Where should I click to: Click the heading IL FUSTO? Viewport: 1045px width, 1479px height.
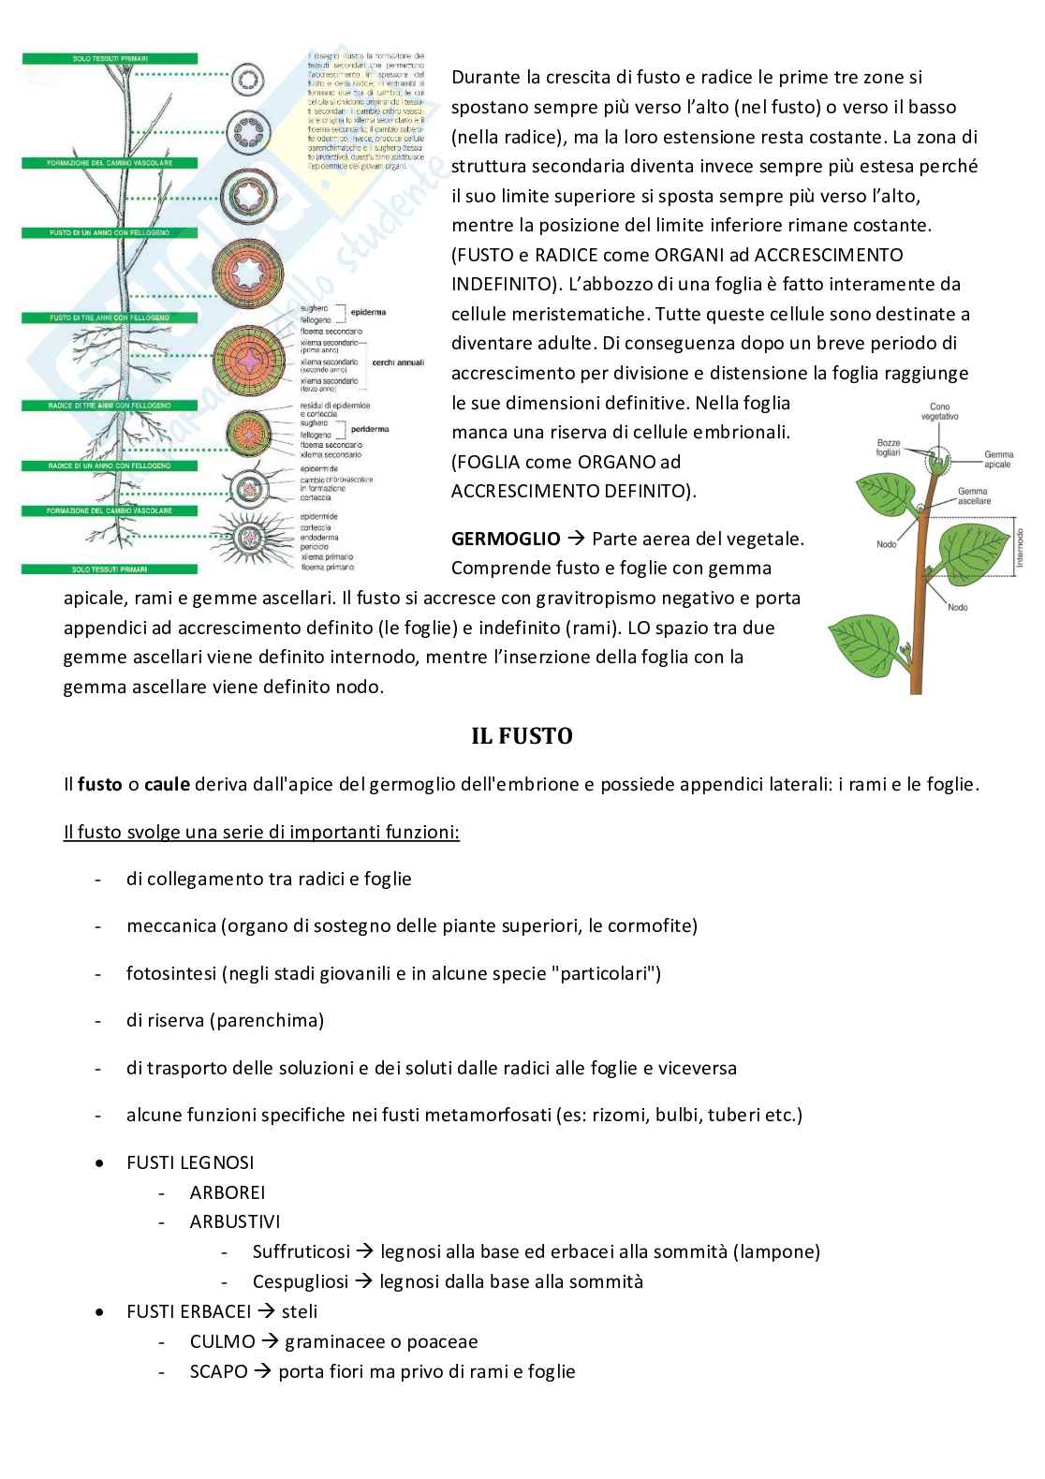coord(522,736)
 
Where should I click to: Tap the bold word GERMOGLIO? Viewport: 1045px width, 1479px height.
coord(506,539)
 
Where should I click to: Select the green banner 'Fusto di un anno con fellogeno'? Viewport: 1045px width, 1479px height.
coord(110,232)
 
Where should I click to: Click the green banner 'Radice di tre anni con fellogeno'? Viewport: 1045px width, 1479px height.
coord(110,406)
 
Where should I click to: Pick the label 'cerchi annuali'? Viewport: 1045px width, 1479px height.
coord(397,362)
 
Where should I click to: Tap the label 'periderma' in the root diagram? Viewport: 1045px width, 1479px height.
coord(371,429)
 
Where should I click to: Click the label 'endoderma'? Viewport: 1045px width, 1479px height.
coord(319,538)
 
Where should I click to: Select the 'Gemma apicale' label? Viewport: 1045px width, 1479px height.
coord(998,459)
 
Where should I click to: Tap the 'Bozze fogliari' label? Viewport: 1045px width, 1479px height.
coord(889,447)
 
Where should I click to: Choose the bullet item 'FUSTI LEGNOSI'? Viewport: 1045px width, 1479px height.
coord(190,1162)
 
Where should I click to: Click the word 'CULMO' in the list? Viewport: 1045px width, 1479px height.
coord(222,1341)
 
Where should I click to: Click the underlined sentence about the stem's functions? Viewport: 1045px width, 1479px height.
coord(261,832)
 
